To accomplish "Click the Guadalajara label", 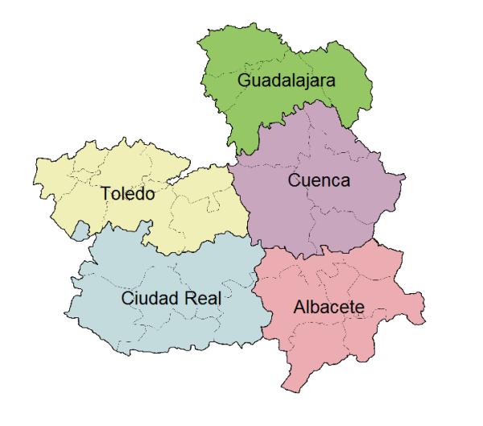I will pos(286,81).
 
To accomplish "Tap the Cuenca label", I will pos(319,181).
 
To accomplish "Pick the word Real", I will pos(202,298).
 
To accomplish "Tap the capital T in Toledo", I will pos(107,194).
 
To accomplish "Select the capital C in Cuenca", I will pos(293,181).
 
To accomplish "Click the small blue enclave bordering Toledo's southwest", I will pos(79,233).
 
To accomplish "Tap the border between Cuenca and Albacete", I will pos(322,251).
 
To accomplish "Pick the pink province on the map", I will pos(338,338).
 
